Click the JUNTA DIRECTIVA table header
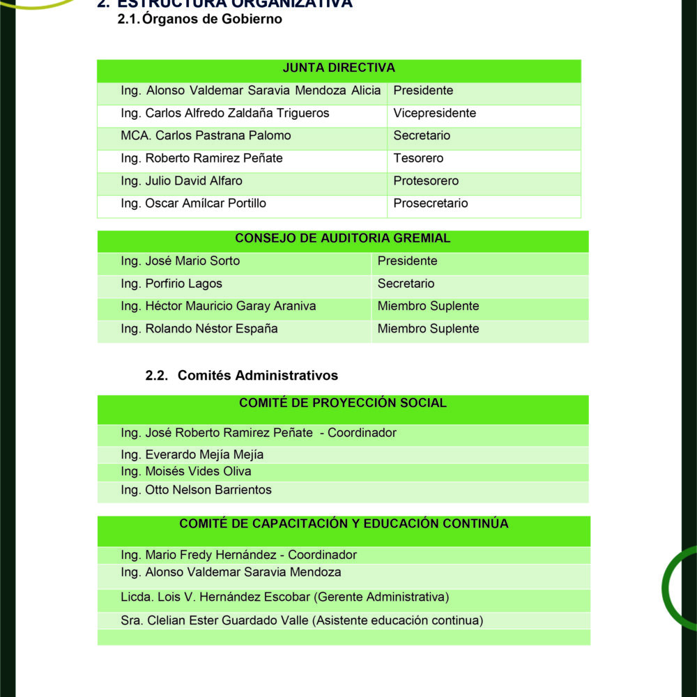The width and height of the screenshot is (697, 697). coord(339,68)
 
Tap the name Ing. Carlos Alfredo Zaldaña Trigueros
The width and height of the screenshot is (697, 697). coord(225,113)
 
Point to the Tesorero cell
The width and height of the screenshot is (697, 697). coord(418,158)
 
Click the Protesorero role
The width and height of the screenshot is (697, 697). coord(426,181)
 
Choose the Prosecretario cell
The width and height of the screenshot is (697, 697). coord(430,204)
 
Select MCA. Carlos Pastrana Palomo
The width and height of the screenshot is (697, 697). coord(206,135)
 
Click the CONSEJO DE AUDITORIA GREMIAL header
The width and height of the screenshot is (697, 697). coord(342,238)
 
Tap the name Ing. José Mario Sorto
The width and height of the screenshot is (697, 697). coord(180,261)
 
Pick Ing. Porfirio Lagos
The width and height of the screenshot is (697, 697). coord(171,284)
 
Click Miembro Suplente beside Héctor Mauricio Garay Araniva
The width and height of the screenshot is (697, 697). coord(428,306)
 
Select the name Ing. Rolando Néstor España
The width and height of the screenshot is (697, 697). coord(199,329)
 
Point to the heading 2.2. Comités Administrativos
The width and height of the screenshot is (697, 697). coord(242,376)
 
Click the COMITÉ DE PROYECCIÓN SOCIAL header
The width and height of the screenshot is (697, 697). coord(342,403)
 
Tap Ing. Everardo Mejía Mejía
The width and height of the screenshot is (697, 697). coord(192,455)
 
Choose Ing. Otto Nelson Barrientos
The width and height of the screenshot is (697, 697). coord(196,490)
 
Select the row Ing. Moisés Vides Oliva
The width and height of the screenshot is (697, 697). coord(186,472)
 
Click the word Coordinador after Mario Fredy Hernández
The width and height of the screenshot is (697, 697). coord(322,556)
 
